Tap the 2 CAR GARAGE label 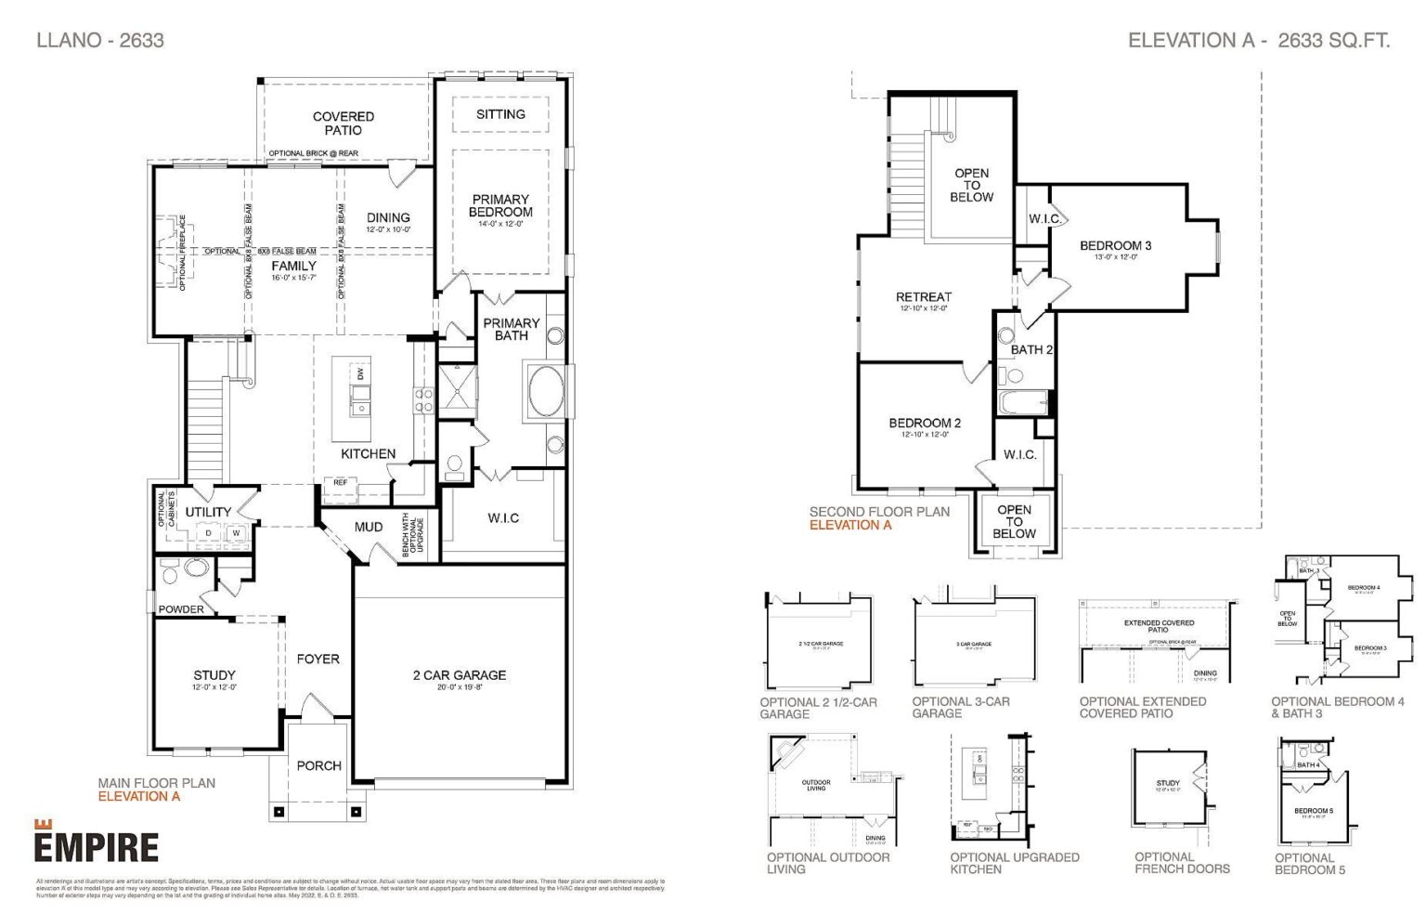[x=460, y=675]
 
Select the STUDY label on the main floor [x=214, y=675]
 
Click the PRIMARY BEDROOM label [x=500, y=205]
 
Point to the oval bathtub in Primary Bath [x=546, y=391]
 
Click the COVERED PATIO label [x=344, y=124]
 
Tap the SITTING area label [x=500, y=114]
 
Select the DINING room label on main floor [x=388, y=217]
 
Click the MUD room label [x=369, y=527]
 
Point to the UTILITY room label [x=208, y=512]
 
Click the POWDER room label [x=181, y=609]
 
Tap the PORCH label [x=318, y=765]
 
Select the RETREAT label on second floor [x=923, y=297]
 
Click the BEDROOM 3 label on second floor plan [x=1115, y=245]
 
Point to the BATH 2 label [x=1031, y=350]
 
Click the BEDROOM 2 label [x=925, y=423]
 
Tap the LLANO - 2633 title [x=100, y=40]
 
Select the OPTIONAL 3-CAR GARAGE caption [x=961, y=708]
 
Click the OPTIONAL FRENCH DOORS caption [x=1182, y=863]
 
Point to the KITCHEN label [x=369, y=453]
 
